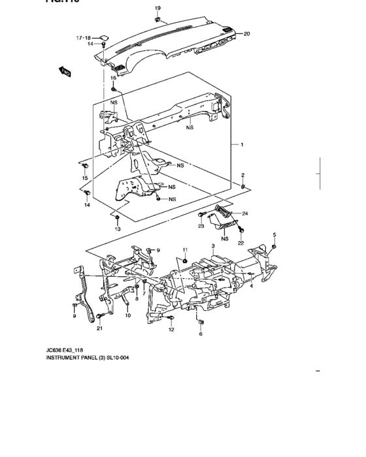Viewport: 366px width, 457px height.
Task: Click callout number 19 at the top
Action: [x=157, y=7]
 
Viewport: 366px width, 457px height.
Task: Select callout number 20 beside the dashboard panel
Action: [x=246, y=33]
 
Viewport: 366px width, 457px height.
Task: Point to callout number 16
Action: [x=112, y=78]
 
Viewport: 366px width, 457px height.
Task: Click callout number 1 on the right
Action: [x=241, y=144]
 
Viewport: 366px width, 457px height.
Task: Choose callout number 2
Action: [x=242, y=176]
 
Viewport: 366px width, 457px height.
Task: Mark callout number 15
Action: [x=84, y=178]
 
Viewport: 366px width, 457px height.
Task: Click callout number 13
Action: [x=118, y=229]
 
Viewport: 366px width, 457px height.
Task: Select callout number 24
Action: [x=245, y=213]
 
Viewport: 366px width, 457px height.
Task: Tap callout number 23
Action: [x=201, y=227]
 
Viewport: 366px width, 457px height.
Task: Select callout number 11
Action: [x=185, y=250]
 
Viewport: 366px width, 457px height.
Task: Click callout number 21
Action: [x=100, y=328]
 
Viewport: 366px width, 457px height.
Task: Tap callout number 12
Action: [x=171, y=330]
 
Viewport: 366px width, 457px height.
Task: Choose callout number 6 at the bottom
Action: [x=201, y=334]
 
